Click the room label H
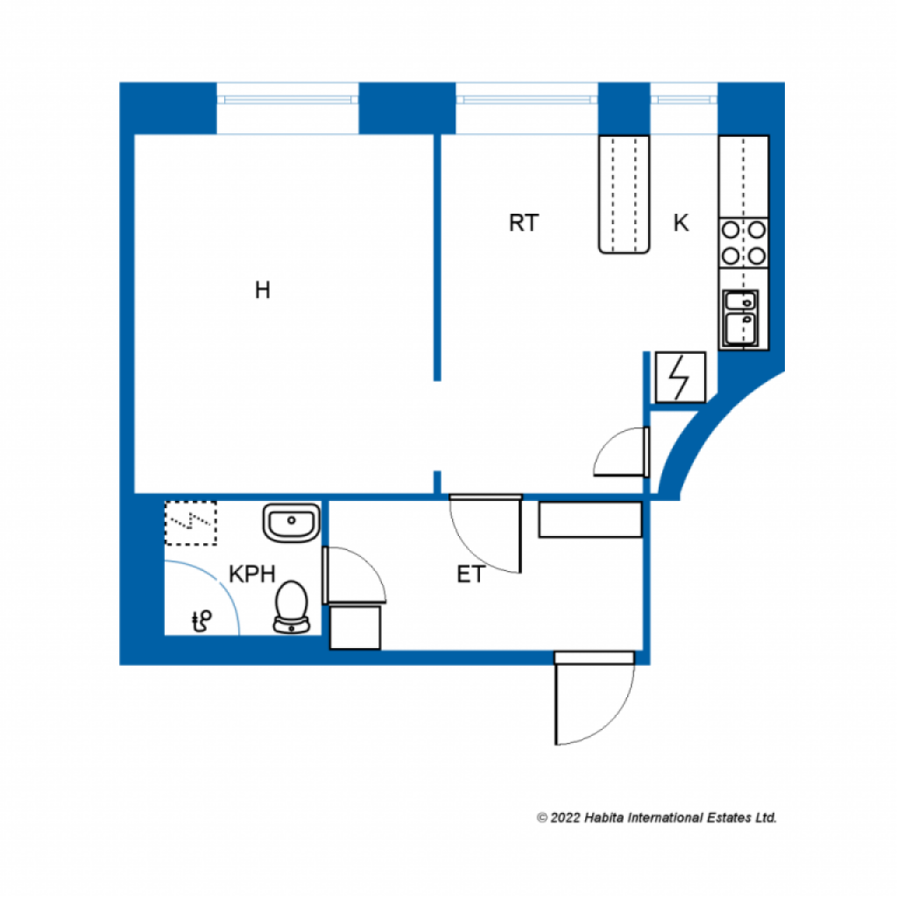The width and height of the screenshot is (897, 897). (x=262, y=291)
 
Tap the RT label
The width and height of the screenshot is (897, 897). (x=523, y=223)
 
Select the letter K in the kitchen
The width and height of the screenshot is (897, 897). (x=681, y=223)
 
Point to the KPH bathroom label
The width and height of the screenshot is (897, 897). (x=252, y=575)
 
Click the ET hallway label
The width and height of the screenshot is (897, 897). (x=470, y=575)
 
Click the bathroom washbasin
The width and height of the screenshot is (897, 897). (x=291, y=524)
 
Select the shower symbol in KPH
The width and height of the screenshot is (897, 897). (x=202, y=621)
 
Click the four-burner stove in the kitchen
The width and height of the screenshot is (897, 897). (x=744, y=244)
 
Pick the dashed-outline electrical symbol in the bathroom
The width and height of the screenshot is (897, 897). (x=190, y=523)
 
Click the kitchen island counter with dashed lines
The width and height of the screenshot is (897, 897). (x=625, y=194)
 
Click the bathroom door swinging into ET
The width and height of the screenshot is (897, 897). (x=352, y=576)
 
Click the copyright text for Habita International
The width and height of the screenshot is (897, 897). (x=657, y=817)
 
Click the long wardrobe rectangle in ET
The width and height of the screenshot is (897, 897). (x=590, y=519)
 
